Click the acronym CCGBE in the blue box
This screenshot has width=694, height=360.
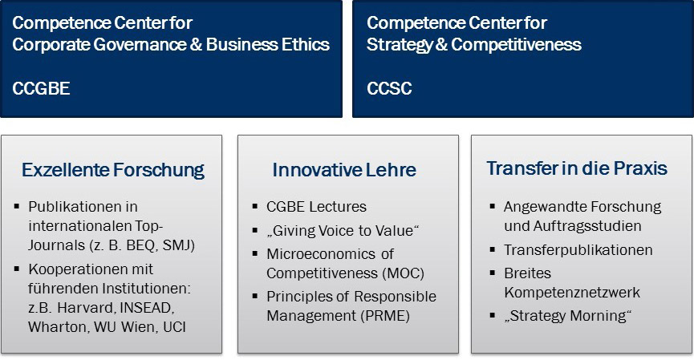tap(41, 88)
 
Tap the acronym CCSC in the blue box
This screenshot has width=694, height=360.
tap(389, 88)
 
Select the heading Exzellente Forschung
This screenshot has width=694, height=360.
tap(113, 170)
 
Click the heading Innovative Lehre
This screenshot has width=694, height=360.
tap(344, 170)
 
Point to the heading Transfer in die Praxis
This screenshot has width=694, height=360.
tap(577, 168)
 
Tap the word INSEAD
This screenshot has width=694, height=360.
tap(147, 307)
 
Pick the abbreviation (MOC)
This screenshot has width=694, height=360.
tap(403, 273)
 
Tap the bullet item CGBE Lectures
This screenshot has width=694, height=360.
tap(316, 207)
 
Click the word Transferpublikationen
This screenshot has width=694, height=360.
tap(578, 250)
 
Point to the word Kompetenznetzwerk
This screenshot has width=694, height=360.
tap(572, 293)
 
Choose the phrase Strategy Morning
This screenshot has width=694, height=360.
tap(567, 316)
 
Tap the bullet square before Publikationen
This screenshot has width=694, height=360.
tap(17, 205)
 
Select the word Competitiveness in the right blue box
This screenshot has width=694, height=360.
tap(517, 44)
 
